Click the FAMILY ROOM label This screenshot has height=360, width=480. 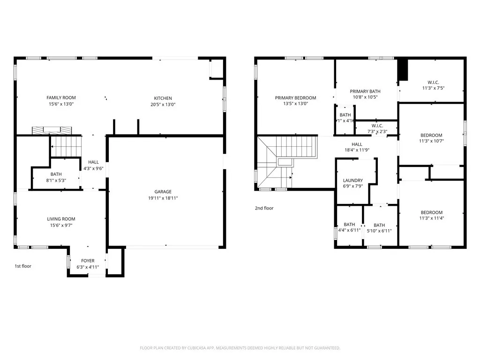61,97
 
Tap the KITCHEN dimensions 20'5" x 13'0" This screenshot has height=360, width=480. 163,105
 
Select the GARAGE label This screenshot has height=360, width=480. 163,191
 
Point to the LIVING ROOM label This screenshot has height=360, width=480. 61,219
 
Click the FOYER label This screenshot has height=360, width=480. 88,261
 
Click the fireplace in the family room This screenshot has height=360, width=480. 52,130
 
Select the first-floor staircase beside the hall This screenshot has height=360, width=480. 66,146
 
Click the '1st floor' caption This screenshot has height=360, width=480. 22,266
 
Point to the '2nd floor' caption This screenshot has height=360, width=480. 264,208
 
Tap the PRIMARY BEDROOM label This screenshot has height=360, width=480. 295,98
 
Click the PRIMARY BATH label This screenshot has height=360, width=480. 365,91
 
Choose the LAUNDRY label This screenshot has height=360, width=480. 353,180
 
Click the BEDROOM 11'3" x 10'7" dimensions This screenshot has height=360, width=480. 431,141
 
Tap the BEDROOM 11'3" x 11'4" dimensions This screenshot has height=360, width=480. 431,218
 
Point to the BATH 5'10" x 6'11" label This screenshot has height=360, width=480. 379,225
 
